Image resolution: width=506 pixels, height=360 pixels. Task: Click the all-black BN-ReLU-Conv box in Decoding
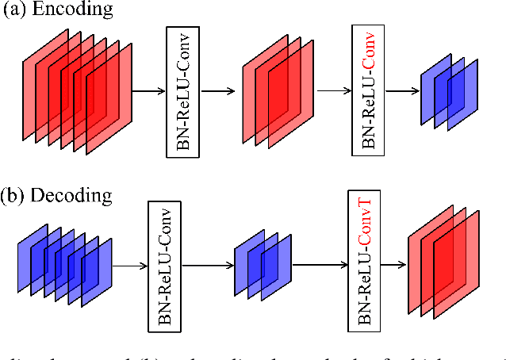click(164, 265)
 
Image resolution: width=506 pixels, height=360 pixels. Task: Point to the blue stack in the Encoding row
click(448, 91)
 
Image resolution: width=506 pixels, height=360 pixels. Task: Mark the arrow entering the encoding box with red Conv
click(333, 90)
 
